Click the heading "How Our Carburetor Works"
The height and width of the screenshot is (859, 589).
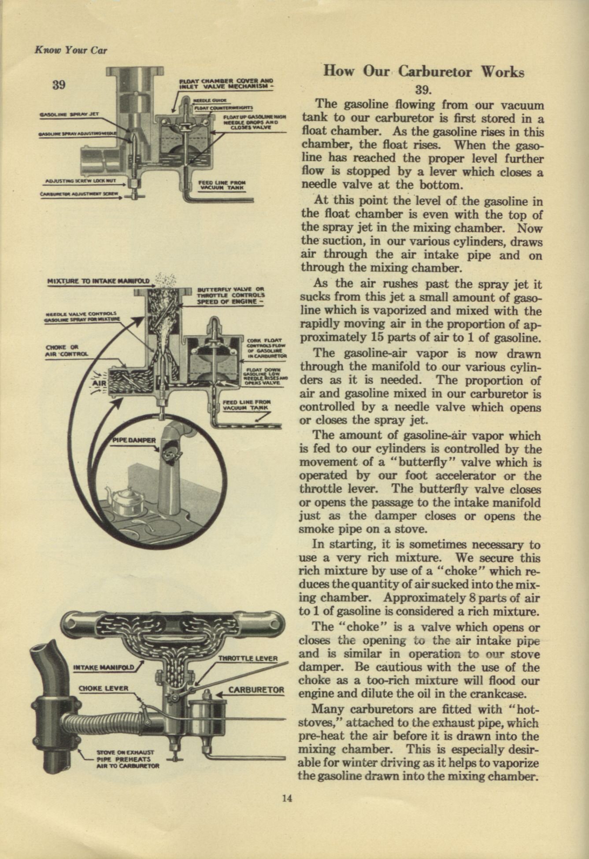pyautogui.click(x=423, y=72)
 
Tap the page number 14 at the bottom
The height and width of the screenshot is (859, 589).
pyautogui.click(x=287, y=798)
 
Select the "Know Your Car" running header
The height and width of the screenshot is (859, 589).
pyautogui.click(x=70, y=50)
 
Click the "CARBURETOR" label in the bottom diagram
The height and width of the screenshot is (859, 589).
pyautogui.click(x=256, y=690)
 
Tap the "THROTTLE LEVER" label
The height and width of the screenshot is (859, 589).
pyautogui.click(x=248, y=659)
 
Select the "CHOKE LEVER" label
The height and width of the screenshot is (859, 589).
pyautogui.click(x=103, y=688)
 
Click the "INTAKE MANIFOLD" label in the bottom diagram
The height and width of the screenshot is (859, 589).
pyautogui.click(x=104, y=667)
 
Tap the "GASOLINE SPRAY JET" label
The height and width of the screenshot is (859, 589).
pyautogui.click(x=70, y=114)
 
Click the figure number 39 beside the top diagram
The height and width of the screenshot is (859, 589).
pyautogui.click(x=59, y=85)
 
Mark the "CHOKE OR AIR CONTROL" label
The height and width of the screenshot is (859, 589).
pyautogui.click(x=67, y=350)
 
